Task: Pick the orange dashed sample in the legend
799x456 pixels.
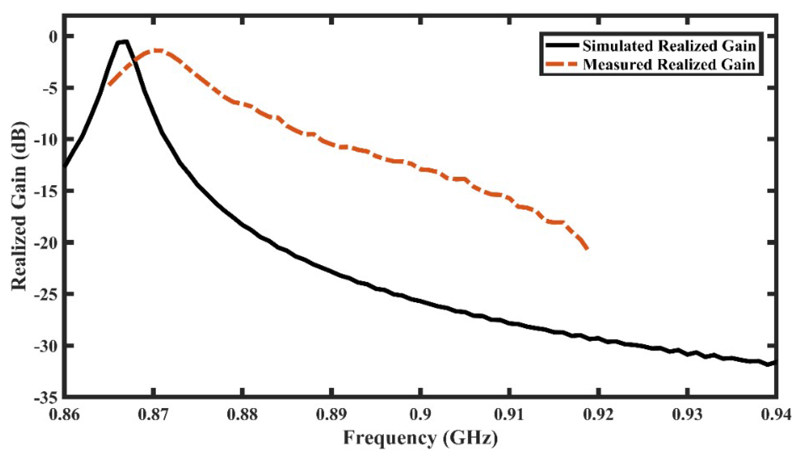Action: [x=562, y=64]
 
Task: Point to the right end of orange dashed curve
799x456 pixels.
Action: [x=587, y=249]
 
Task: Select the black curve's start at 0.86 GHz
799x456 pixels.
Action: [x=65, y=166]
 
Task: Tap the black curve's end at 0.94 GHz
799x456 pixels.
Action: [x=775, y=362]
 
